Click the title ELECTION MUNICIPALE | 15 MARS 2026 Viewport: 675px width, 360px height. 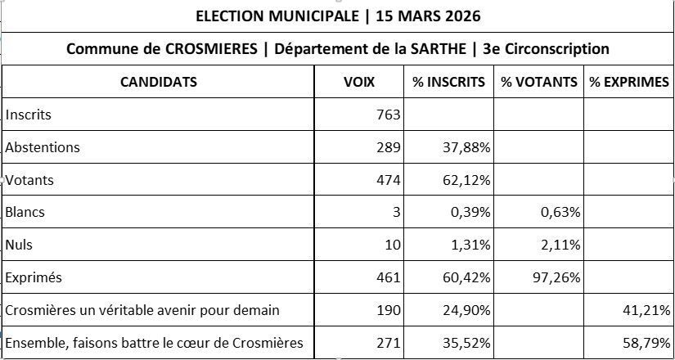(x=337, y=16)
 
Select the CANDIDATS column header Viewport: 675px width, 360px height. (x=159, y=82)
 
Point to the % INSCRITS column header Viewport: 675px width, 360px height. (x=449, y=82)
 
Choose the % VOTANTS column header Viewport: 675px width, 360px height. (x=539, y=82)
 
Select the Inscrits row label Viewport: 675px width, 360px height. (x=29, y=115)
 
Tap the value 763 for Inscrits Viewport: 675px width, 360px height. (x=388, y=115)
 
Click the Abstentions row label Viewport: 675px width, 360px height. (x=43, y=147)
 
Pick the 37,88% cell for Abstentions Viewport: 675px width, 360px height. (x=466, y=147)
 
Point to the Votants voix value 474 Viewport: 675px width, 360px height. (x=388, y=180)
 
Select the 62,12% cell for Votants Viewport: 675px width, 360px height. (x=466, y=180)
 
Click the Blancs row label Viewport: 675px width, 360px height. (x=25, y=212)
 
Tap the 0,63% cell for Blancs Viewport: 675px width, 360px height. (x=560, y=212)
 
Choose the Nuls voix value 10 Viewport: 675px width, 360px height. (x=392, y=245)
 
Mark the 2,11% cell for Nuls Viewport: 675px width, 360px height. (x=560, y=245)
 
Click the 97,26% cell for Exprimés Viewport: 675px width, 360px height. (x=556, y=277)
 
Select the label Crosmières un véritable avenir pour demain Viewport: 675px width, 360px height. (x=142, y=310)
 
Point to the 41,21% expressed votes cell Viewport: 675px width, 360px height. (x=646, y=310)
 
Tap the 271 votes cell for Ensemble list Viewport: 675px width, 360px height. (x=388, y=343)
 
